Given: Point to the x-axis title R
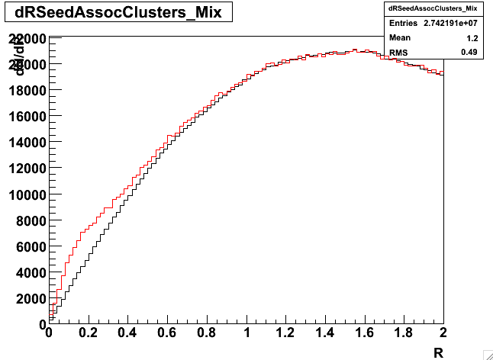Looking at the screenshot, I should [x=438, y=352].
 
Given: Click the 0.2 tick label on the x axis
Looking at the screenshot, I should [x=89, y=333].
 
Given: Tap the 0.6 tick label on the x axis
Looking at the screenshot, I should [x=167, y=333].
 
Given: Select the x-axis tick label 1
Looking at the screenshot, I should [x=246, y=333].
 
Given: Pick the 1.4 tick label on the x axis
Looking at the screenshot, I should [x=325, y=333].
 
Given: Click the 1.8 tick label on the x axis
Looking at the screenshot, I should [x=404, y=333].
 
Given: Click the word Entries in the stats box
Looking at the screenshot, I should [x=403, y=24].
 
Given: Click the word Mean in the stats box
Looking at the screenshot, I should [x=400, y=37].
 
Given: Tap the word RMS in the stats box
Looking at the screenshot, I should [x=398, y=52].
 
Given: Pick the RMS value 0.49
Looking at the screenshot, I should [x=469, y=52].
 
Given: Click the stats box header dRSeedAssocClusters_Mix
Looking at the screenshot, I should [x=433, y=8].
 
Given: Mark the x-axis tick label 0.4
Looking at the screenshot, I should [x=128, y=333].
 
